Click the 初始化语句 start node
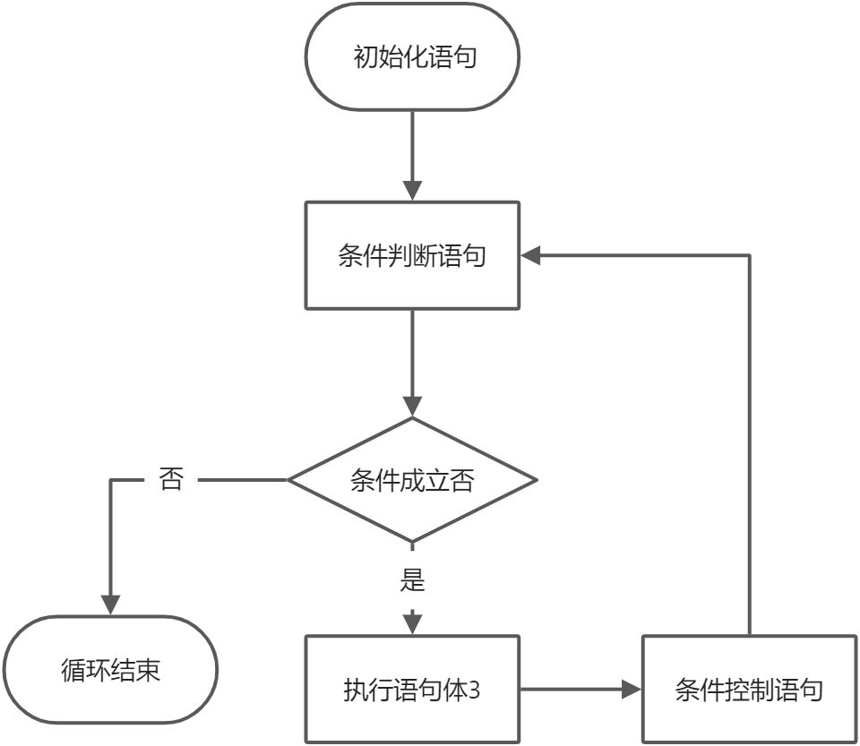412,58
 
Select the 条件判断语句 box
412,256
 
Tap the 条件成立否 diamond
412,481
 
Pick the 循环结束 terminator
111,670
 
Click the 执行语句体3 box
412,690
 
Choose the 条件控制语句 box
749,690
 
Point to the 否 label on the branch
170,480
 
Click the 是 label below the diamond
412,581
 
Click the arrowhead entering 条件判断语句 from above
412,191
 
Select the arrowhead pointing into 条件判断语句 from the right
531,256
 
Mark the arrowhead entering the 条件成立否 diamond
412,407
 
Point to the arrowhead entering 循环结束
111,605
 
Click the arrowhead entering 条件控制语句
632,690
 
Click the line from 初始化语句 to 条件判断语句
412,143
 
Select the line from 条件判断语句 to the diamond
412,354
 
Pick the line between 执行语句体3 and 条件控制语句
573,690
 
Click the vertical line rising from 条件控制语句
749,448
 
